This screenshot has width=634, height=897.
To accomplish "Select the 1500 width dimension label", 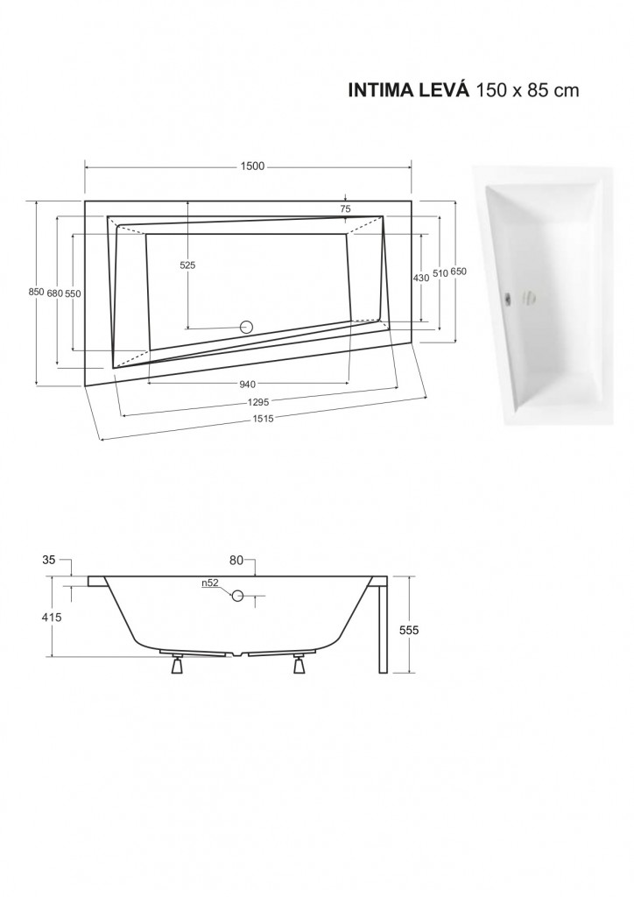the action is click(252, 166).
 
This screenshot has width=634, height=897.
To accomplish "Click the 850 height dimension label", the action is click(36, 292).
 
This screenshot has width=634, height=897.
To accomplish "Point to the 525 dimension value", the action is click(187, 265).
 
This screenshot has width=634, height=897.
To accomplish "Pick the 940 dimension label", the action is click(248, 385).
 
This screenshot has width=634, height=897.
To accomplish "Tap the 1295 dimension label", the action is click(259, 402).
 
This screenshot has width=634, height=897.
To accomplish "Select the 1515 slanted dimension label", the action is click(264, 418).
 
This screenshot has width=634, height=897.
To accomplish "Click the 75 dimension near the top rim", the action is click(345, 208).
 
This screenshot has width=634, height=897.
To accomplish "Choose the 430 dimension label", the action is click(420, 278).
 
